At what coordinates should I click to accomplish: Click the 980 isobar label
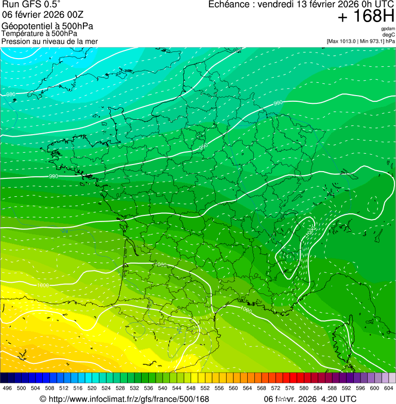(x=10, y=94)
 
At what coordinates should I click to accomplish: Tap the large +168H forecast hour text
(x=366, y=17)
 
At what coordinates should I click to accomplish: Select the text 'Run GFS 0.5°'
(x=31, y=4)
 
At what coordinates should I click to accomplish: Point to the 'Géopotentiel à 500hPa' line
(x=47, y=26)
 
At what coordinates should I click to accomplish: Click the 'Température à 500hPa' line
(x=39, y=33)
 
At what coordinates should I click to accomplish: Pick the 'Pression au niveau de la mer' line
(x=49, y=41)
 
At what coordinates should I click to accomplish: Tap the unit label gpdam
(x=388, y=29)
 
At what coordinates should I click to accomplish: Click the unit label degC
(x=389, y=34)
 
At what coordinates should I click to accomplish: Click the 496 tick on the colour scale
(x=7, y=389)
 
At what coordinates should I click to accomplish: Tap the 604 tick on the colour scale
(x=389, y=389)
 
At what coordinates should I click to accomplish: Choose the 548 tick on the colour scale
(x=191, y=389)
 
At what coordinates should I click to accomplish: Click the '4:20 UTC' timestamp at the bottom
(x=338, y=399)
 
